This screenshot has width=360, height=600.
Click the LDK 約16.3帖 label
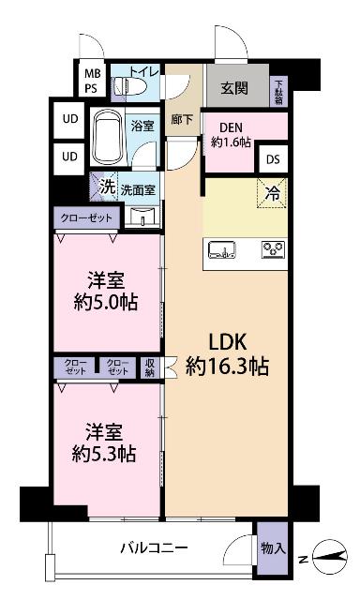(228, 353)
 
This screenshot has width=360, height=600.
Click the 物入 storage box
(273, 547)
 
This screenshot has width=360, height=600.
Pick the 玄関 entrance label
(234, 88)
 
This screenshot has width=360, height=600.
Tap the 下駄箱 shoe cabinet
(278, 91)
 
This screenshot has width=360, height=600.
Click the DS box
(273, 160)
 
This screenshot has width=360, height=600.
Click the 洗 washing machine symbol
(107, 187)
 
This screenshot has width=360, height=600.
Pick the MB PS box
(93, 81)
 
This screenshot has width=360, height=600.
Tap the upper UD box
(70, 120)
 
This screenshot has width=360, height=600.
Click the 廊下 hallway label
(182, 120)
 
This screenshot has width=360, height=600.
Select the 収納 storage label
(151, 368)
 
